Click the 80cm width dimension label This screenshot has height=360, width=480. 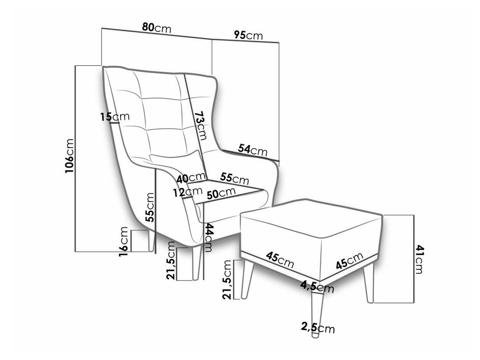[x=156, y=28]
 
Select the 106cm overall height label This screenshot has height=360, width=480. [x=69, y=156]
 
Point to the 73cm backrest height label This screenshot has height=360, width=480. [x=200, y=125]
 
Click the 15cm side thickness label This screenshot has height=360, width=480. [x=115, y=117]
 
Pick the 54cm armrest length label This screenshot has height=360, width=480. [x=252, y=150]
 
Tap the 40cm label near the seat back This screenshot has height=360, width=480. [x=192, y=178]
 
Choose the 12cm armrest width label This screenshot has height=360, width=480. [x=188, y=192]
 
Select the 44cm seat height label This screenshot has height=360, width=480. [x=208, y=238]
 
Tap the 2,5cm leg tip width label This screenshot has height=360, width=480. [x=318, y=334]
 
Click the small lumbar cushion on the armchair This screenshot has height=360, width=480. [x=176, y=161]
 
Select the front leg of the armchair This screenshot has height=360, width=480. [x=196, y=263]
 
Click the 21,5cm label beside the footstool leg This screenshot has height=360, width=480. [x=226, y=279]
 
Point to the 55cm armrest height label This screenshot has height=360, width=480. [x=150, y=207]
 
